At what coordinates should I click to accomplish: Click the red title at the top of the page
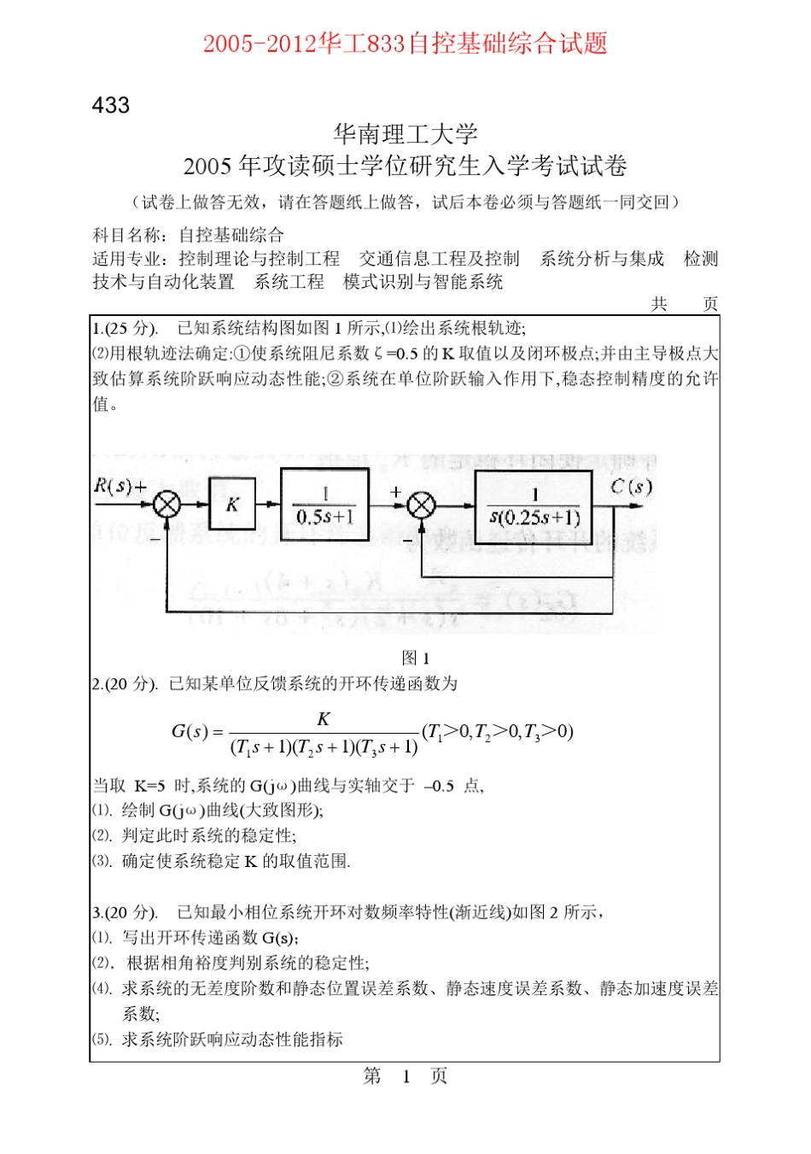[x=405, y=43]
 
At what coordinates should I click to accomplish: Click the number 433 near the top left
[x=111, y=105]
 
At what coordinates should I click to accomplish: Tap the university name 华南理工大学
[x=405, y=133]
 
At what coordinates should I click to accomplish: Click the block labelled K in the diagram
[x=232, y=504]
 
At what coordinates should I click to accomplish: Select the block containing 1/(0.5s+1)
[x=325, y=505]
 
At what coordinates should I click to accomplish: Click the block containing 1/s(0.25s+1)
[x=534, y=507]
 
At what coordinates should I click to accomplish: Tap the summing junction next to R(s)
[x=167, y=504]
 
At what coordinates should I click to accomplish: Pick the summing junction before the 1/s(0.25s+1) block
[x=421, y=506]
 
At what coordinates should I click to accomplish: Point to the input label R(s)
[x=114, y=486]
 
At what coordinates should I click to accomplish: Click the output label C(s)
[x=631, y=487]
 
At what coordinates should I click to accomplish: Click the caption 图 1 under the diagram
[x=416, y=658]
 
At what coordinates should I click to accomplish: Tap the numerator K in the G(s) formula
[x=324, y=718]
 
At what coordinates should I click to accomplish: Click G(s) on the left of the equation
[x=190, y=731]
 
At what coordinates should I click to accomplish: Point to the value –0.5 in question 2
[x=439, y=786]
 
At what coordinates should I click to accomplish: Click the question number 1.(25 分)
[x=125, y=328]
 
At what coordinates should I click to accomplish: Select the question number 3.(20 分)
[x=125, y=912]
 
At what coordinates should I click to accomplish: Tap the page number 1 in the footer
[x=406, y=1076]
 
